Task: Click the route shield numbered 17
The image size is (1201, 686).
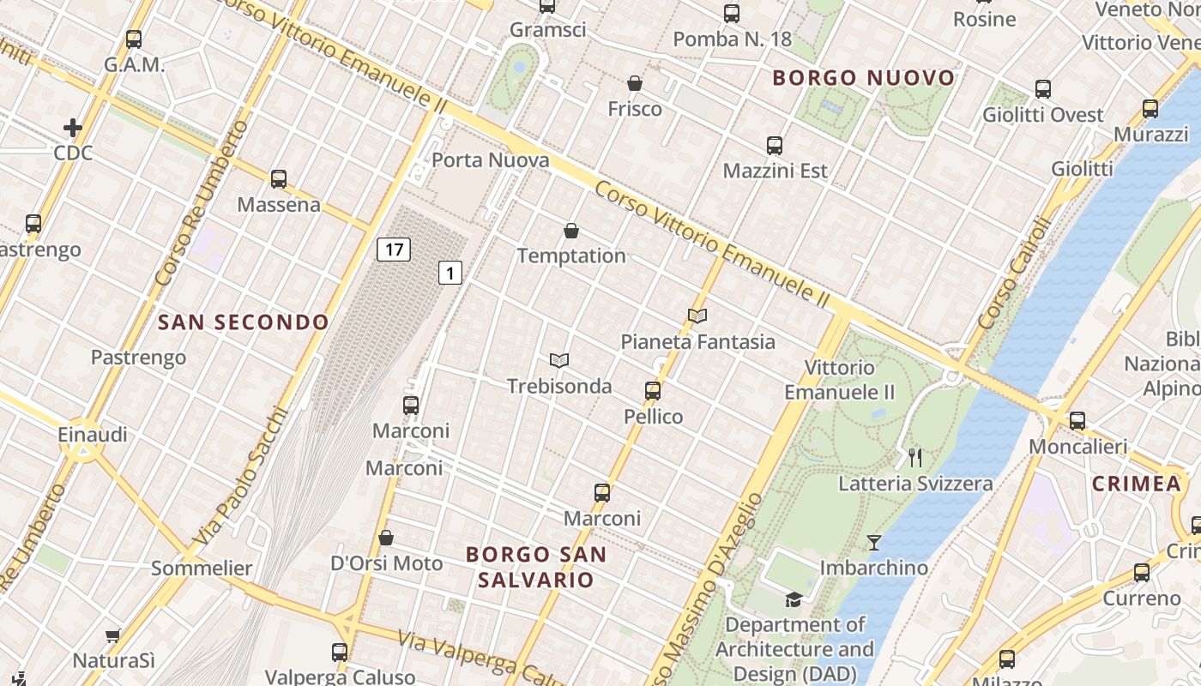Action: [x=394, y=250]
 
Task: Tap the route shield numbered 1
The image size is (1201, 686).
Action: [x=450, y=273]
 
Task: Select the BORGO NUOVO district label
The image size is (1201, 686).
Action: [x=863, y=78]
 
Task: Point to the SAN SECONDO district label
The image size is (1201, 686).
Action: [x=244, y=322]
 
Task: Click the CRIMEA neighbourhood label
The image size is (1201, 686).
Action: [x=1137, y=484]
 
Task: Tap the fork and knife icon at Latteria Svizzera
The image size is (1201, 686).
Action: [x=915, y=457]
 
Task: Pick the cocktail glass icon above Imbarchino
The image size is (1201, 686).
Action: [x=873, y=542]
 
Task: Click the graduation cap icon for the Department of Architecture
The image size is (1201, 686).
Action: [x=794, y=599]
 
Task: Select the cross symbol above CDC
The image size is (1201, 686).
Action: [x=73, y=128]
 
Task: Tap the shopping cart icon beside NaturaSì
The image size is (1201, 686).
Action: [x=112, y=635]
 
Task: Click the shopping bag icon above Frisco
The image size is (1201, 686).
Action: [x=635, y=83]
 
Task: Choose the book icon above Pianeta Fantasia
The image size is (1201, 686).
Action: [x=697, y=316]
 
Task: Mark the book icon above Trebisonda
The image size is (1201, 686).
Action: [x=559, y=360]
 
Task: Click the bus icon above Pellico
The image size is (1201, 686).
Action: [x=653, y=391]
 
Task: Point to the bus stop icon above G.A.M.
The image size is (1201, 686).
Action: [x=134, y=39]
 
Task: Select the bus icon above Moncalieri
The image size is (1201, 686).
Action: [x=1077, y=421]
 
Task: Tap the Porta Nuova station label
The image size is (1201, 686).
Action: [x=490, y=160]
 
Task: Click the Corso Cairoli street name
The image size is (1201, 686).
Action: [x=1015, y=274]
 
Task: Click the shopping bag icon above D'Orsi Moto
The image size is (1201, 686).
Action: [x=386, y=538]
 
